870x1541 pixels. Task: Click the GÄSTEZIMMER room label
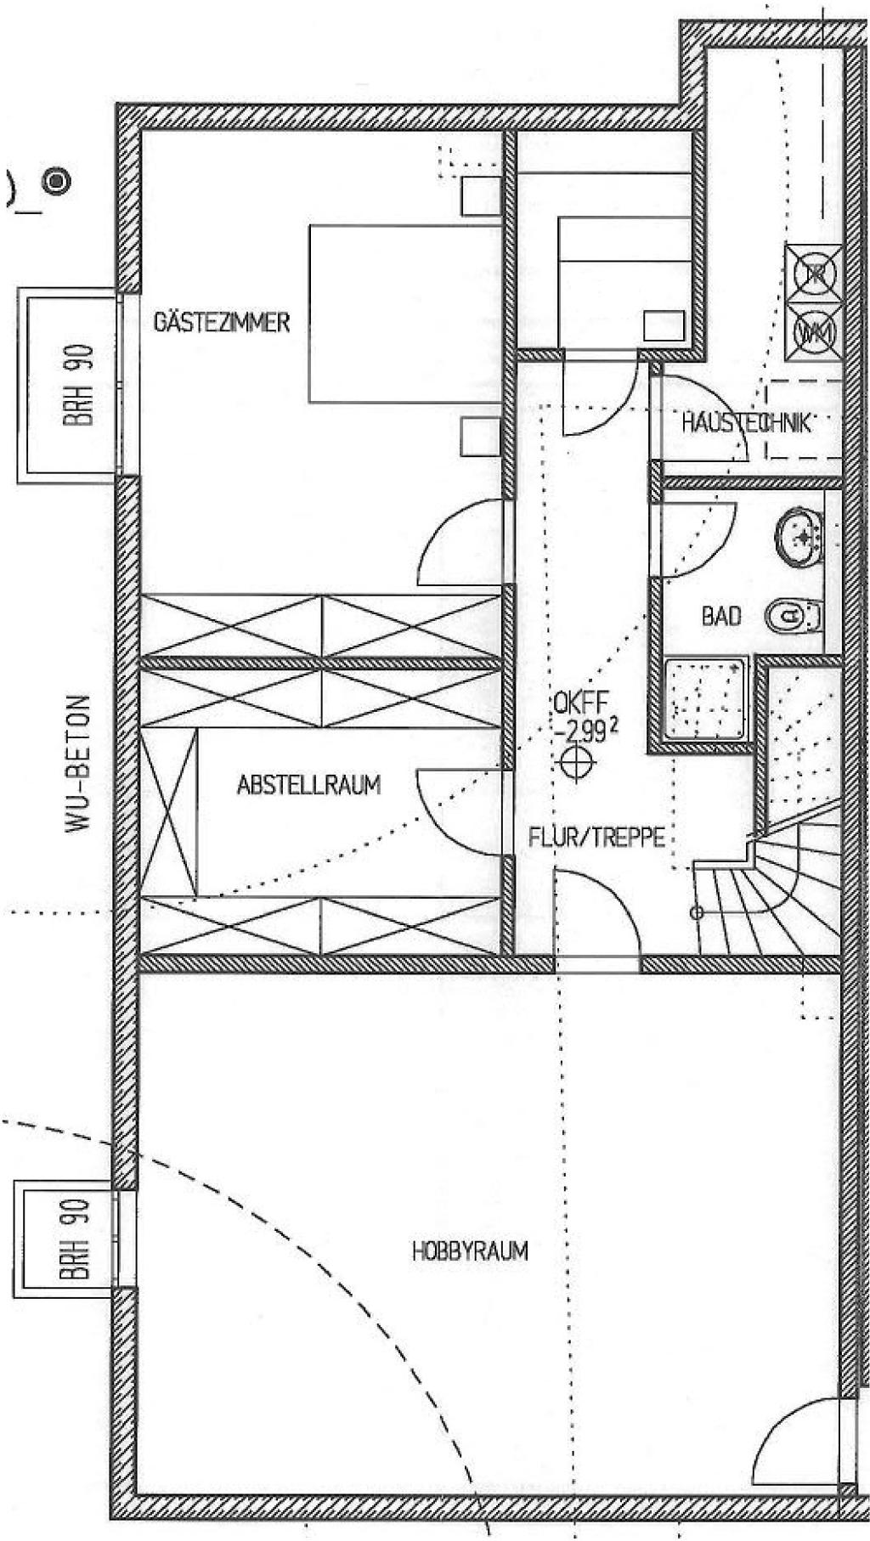pos(221,323)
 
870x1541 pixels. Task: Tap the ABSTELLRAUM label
pos(308,784)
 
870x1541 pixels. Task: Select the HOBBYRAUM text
pos(470,1250)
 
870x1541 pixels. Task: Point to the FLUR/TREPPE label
pos(596,838)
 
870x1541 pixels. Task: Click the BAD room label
pos(720,616)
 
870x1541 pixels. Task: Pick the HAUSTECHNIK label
pos(746,422)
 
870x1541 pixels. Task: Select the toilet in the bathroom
pos(794,615)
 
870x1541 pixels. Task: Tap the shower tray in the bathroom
pos(707,699)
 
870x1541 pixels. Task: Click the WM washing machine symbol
pos(814,330)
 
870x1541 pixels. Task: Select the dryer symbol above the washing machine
pos(814,273)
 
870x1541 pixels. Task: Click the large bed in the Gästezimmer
pos(404,313)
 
